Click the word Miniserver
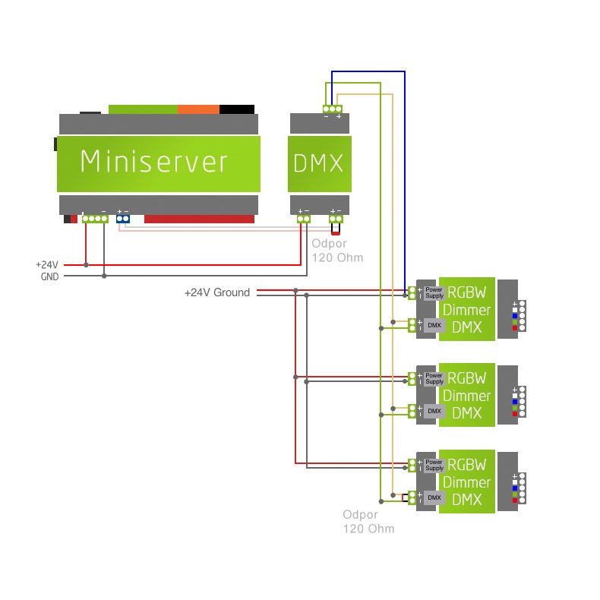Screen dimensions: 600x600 [x=154, y=162]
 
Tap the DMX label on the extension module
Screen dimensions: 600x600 [x=318, y=163]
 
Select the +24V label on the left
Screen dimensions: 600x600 [x=46, y=265]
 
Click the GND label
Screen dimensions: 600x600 [x=49, y=276]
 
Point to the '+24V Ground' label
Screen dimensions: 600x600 [x=216, y=292]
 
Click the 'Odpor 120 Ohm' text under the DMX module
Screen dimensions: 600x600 [x=337, y=251]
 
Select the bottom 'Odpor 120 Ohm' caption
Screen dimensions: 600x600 [x=368, y=522]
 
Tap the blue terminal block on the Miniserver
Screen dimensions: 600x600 [x=122, y=219]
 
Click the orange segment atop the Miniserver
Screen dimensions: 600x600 [x=198, y=109]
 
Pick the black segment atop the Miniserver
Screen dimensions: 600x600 [x=237, y=109]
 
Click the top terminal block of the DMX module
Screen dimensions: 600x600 [x=332, y=109]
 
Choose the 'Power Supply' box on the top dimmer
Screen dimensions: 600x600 [x=434, y=292]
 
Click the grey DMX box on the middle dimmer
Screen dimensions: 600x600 [x=434, y=411]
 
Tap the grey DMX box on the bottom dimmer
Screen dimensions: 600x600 [x=434, y=497]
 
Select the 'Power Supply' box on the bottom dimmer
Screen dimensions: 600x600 [x=434, y=465]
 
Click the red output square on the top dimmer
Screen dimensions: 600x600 [x=515, y=328]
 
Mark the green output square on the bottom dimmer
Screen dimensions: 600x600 [x=515, y=494]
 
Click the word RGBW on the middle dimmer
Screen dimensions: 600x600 [x=466, y=378]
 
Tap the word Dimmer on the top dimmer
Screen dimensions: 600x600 [x=466, y=310]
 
